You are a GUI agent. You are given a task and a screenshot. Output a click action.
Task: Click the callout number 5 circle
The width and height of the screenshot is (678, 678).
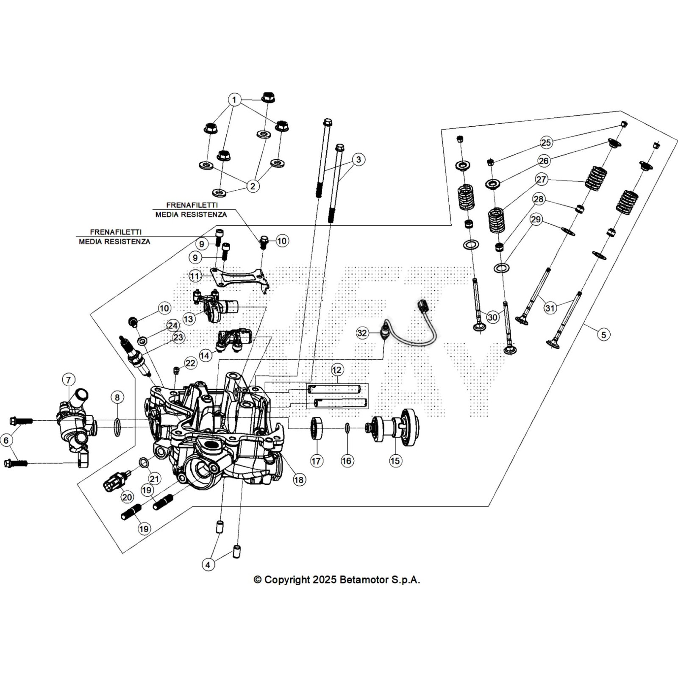(604, 334)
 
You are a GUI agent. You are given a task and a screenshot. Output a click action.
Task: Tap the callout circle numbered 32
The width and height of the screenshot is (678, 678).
(362, 333)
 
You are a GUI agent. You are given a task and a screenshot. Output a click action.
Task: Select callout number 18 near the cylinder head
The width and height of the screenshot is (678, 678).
(299, 479)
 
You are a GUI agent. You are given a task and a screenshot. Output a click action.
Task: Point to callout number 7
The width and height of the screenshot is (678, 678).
(69, 380)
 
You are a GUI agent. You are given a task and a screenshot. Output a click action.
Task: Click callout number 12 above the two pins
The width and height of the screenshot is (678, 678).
(336, 370)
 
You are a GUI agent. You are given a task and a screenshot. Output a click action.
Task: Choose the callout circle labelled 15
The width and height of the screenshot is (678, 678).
(395, 461)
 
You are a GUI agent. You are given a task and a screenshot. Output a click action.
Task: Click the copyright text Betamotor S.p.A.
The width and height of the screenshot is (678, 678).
(336, 580)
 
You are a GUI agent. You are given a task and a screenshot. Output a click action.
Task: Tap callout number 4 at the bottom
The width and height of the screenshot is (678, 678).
(208, 564)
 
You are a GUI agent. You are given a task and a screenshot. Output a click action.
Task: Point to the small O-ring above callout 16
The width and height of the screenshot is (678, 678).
(347, 428)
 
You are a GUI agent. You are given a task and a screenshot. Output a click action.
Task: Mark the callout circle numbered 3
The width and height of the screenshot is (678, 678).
(358, 160)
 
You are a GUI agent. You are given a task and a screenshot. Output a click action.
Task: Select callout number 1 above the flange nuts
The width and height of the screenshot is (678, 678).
(234, 100)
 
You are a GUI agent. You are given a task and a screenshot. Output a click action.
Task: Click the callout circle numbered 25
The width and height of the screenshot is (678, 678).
(546, 142)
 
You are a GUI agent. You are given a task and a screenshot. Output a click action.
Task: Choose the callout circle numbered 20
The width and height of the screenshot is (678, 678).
(127, 497)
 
